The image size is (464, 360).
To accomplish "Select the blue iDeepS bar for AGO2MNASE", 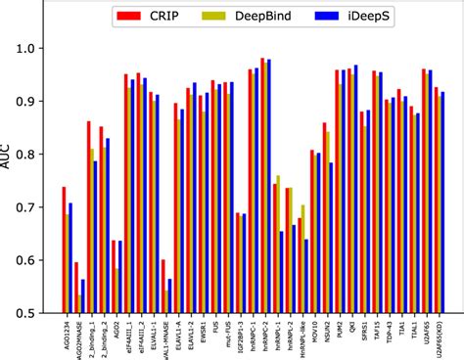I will tap(82, 296).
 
